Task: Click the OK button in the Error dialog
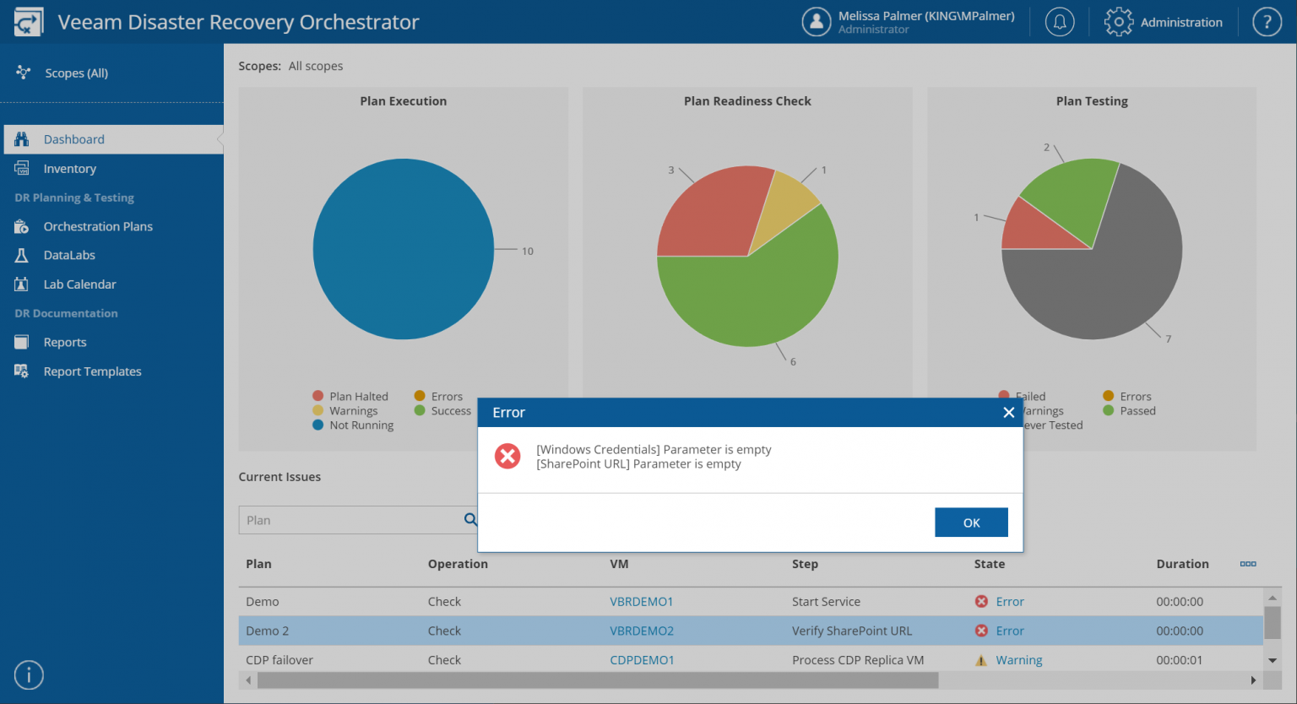tap(971, 523)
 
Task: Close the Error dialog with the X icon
tap(1008, 413)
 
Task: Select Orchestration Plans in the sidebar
tap(98, 226)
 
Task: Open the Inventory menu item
tap(69, 169)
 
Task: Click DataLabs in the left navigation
tap(69, 255)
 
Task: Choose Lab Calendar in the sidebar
tap(79, 284)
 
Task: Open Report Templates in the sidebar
tap(92, 371)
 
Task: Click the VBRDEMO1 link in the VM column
tap(641, 602)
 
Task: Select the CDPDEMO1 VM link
tap(642, 660)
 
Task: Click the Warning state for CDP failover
tap(1018, 660)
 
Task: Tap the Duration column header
tap(1182, 564)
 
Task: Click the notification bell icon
tap(1060, 22)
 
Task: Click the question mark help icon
tap(1267, 22)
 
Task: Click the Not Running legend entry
tap(361, 425)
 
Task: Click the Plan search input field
tap(350, 521)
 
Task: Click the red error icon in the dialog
tap(507, 457)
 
